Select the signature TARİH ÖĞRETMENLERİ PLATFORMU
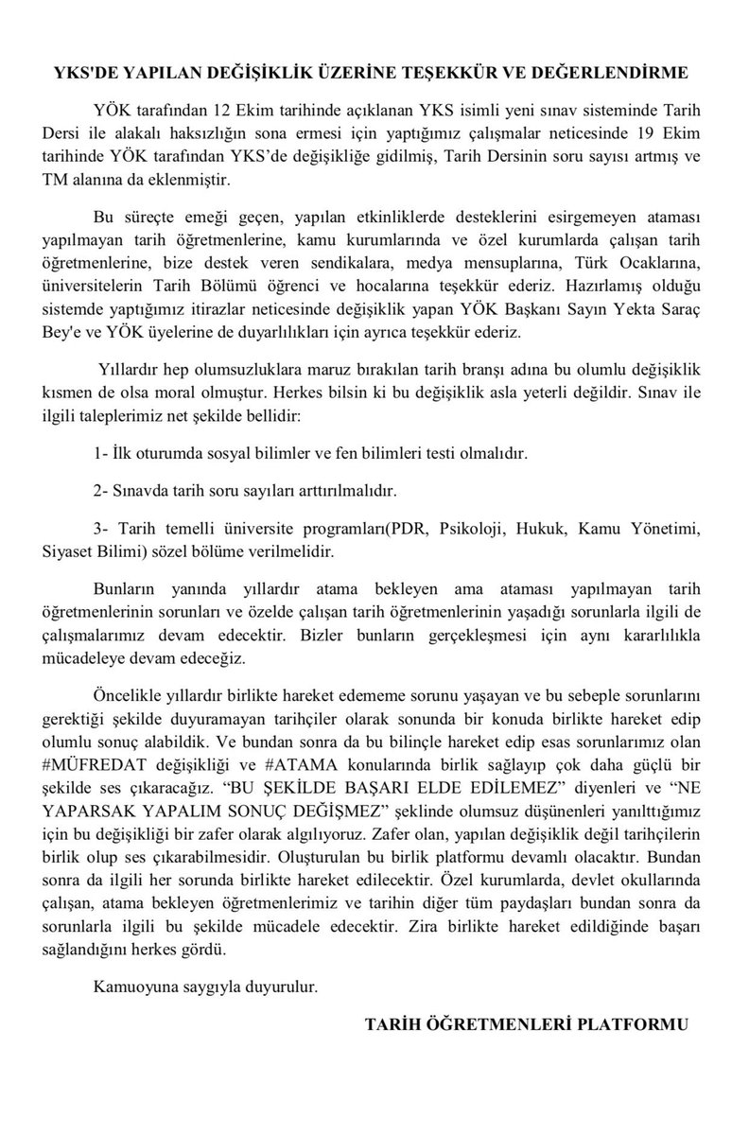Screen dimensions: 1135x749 [x=528, y=1025]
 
